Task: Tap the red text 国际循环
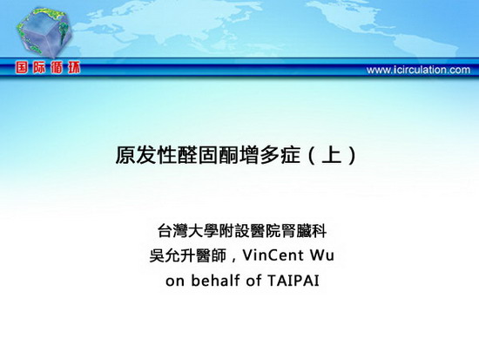click(48, 68)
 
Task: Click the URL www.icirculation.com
click(418, 70)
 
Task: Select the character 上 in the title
click(332, 155)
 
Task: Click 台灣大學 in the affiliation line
click(188, 231)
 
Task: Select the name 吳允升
click(172, 255)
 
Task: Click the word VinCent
click(273, 255)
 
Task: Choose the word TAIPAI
click(293, 281)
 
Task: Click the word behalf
click(215, 280)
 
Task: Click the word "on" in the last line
click(175, 282)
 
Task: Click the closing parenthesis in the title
click(352, 155)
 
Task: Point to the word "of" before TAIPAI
click(253, 280)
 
